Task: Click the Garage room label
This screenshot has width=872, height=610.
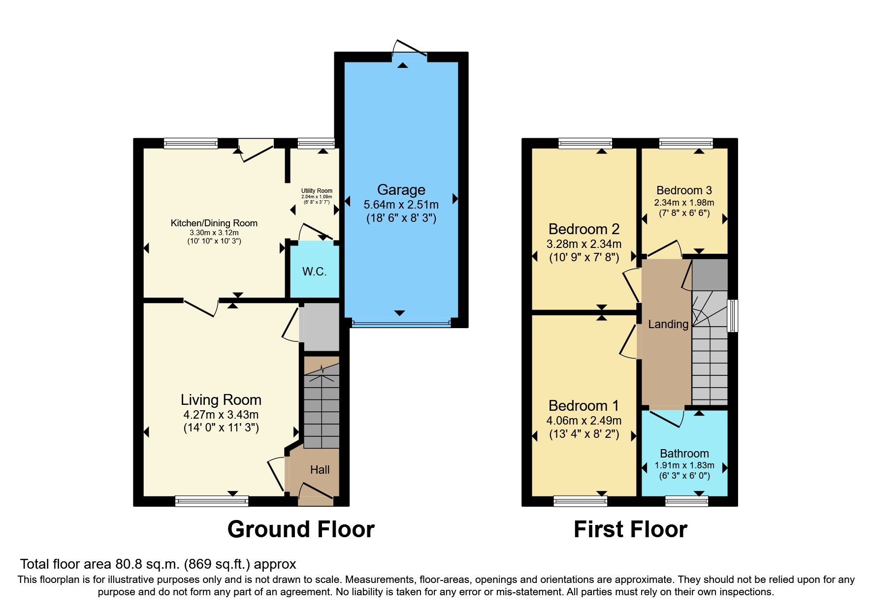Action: (401, 190)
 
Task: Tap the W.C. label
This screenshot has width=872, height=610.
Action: (314, 272)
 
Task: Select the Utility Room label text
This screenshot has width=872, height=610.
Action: (317, 191)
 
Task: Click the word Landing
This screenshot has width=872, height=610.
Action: (668, 324)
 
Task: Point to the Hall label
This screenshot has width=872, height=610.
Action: (320, 470)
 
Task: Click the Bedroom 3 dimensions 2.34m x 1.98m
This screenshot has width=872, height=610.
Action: (684, 203)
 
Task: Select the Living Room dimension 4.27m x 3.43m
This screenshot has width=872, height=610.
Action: (221, 415)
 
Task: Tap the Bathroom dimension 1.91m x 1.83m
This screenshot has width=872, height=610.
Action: (684, 465)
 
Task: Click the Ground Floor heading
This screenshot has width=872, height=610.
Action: (301, 529)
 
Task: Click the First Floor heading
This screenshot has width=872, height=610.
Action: (630, 529)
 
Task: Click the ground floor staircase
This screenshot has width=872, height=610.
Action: (322, 408)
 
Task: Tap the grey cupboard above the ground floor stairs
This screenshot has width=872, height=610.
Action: (320, 326)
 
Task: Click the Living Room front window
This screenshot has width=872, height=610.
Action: (212, 501)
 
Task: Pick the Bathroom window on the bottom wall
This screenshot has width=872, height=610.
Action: (686, 501)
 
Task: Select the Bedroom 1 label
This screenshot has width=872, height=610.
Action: (583, 406)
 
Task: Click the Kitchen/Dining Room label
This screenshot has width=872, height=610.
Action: (214, 223)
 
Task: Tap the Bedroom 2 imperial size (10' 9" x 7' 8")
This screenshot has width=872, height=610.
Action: (584, 257)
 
